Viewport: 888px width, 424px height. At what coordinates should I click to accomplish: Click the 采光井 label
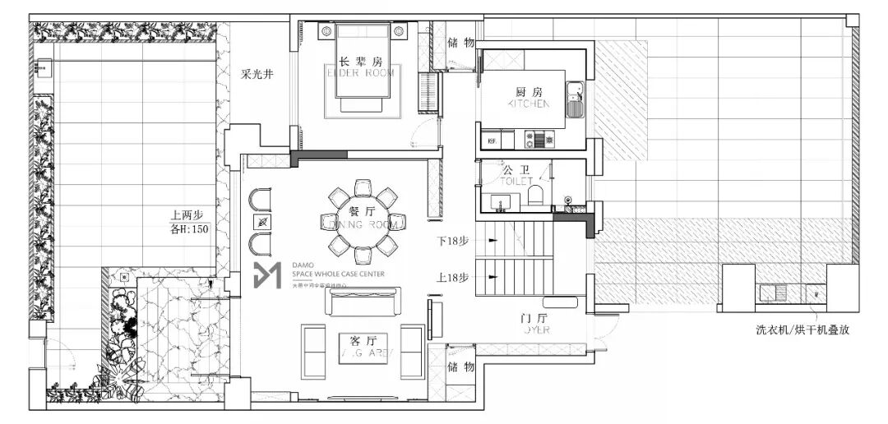click(257, 75)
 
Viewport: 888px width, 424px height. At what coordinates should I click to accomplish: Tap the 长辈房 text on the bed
click(361, 61)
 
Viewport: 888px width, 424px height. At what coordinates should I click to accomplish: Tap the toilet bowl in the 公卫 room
click(535, 195)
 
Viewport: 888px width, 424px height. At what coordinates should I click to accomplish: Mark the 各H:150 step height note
click(189, 230)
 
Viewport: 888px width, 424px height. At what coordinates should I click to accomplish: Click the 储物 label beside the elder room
click(460, 42)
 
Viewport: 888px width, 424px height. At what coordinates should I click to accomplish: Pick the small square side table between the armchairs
click(262, 223)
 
